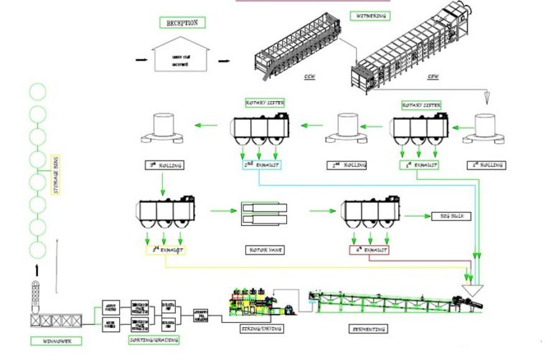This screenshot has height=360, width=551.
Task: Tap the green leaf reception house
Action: click(177, 59)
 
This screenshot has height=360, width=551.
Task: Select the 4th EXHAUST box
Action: click(369, 250)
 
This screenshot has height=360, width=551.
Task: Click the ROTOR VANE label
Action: click(263, 251)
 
